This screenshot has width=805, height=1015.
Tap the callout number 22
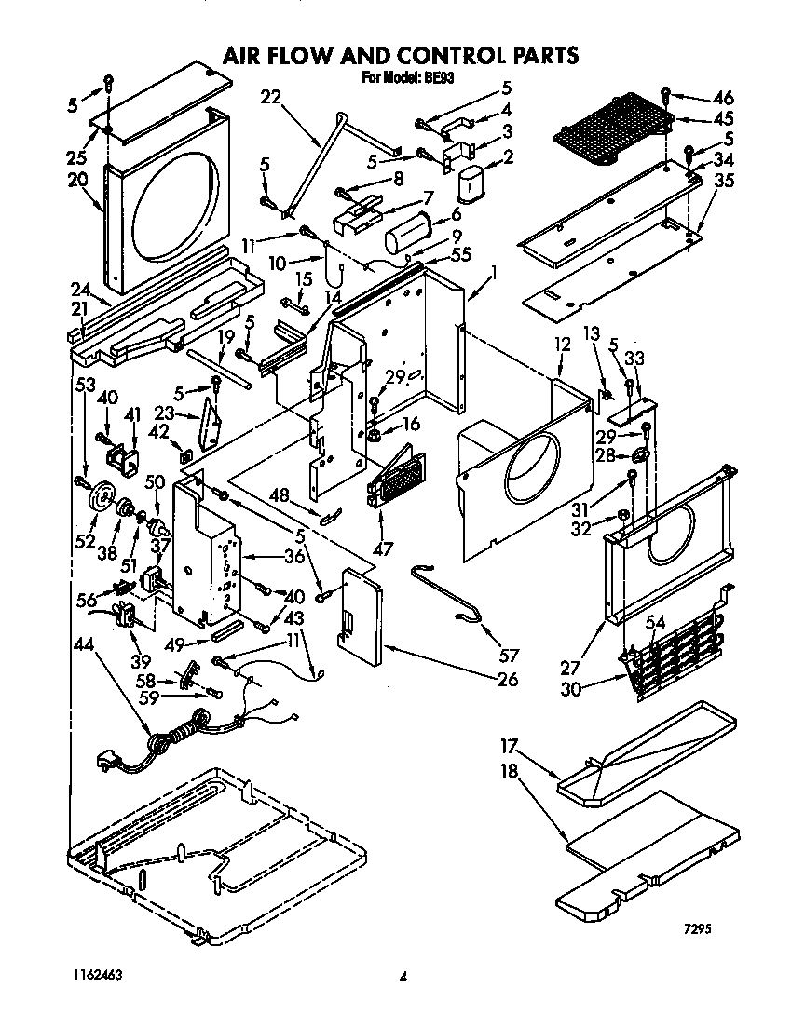(x=270, y=97)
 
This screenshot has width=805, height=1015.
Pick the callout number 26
(x=508, y=679)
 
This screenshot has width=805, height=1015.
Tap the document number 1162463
(x=94, y=974)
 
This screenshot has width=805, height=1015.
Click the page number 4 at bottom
(x=402, y=977)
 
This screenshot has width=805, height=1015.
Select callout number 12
(x=561, y=344)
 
